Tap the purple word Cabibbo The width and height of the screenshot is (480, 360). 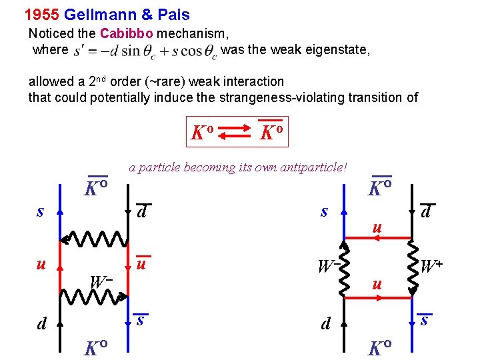(x=127, y=33)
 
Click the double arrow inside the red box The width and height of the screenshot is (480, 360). (x=234, y=133)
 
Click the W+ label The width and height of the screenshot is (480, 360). (x=432, y=266)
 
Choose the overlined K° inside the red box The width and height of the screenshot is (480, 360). (x=271, y=132)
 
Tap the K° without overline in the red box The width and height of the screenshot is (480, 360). (x=201, y=133)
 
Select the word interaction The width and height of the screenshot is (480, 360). (x=251, y=81)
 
